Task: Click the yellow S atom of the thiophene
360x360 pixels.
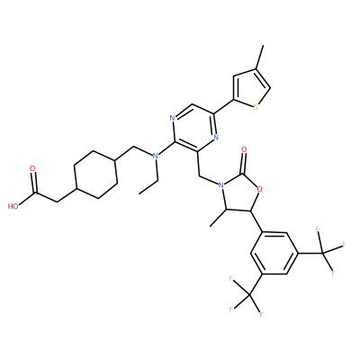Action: tap(256, 107)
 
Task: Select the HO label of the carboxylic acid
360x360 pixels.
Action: tap(13, 206)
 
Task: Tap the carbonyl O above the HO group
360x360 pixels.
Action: tap(32, 168)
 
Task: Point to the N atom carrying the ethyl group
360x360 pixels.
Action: tap(155, 156)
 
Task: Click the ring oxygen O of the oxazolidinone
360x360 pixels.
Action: tap(260, 189)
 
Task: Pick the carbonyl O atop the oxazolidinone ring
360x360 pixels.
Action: tap(244, 148)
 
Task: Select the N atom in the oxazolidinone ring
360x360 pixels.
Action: tap(221, 185)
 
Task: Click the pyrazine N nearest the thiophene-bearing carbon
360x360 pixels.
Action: tap(216, 138)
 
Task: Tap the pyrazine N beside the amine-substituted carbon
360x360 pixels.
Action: tap(172, 118)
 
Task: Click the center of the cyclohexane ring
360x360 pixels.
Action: tap(95, 174)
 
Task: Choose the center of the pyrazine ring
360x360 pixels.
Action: tap(194, 128)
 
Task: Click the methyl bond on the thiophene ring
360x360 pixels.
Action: tap(259, 58)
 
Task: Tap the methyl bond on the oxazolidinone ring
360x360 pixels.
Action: tap(219, 218)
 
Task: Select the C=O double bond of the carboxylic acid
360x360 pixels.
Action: tap(34, 183)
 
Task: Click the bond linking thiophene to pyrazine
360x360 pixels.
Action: tap(224, 107)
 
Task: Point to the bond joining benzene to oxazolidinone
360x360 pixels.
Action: tap(257, 221)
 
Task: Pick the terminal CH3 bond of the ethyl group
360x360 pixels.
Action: tap(148, 187)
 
